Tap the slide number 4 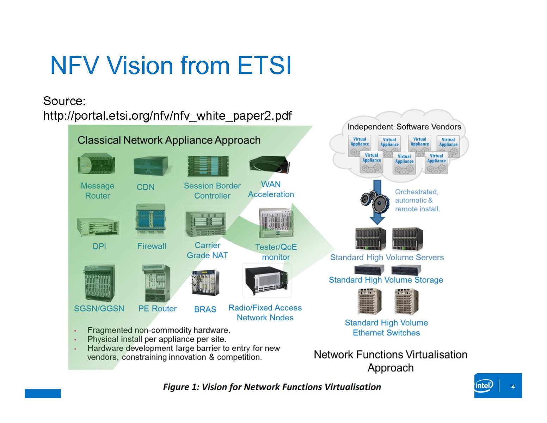pos(513,387)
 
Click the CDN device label pos(146,187)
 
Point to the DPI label pos(99,246)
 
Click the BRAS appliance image pos(205,283)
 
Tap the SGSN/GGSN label pos(99,308)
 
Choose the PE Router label pos(157,308)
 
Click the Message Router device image pos(96,164)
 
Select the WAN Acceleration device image pos(270,165)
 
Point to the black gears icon pos(374,202)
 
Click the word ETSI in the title pos(264,66)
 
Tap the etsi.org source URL pos(167,116)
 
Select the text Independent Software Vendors pos(404,127)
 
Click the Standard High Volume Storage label pos(386,280)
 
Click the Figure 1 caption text pos(272,387)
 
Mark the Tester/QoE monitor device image pos(276,223)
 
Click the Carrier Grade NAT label pos(207,250)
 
